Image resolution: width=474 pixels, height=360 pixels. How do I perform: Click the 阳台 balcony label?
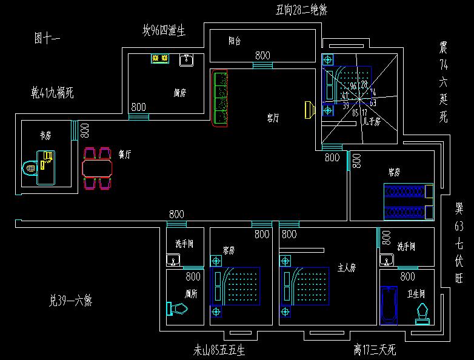coord(235,41)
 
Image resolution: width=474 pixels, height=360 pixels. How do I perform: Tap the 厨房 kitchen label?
coord(179,93)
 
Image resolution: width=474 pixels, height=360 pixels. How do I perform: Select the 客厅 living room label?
coord(273,118)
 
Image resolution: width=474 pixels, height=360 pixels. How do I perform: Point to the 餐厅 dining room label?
coord(125,155)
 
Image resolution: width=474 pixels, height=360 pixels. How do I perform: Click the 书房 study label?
coord(45,136)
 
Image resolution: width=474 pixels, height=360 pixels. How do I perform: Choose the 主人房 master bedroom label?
coord(346,267)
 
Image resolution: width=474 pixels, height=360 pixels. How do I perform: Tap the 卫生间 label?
coord(416,294)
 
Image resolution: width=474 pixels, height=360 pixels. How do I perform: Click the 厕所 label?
coord(192,293)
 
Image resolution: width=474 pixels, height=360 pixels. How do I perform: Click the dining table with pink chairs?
coord(98,167)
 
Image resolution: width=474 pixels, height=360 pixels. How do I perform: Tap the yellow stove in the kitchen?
coord(160,58)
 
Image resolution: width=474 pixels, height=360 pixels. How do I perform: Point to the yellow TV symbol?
coord(309,110)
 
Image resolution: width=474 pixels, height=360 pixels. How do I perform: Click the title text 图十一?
coord(47,39)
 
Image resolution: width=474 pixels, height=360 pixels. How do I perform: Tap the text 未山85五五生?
coord(219,350)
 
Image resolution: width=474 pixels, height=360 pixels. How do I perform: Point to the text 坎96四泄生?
coord(164,30)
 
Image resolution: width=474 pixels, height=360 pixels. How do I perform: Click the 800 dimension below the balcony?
coord(262,55)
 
